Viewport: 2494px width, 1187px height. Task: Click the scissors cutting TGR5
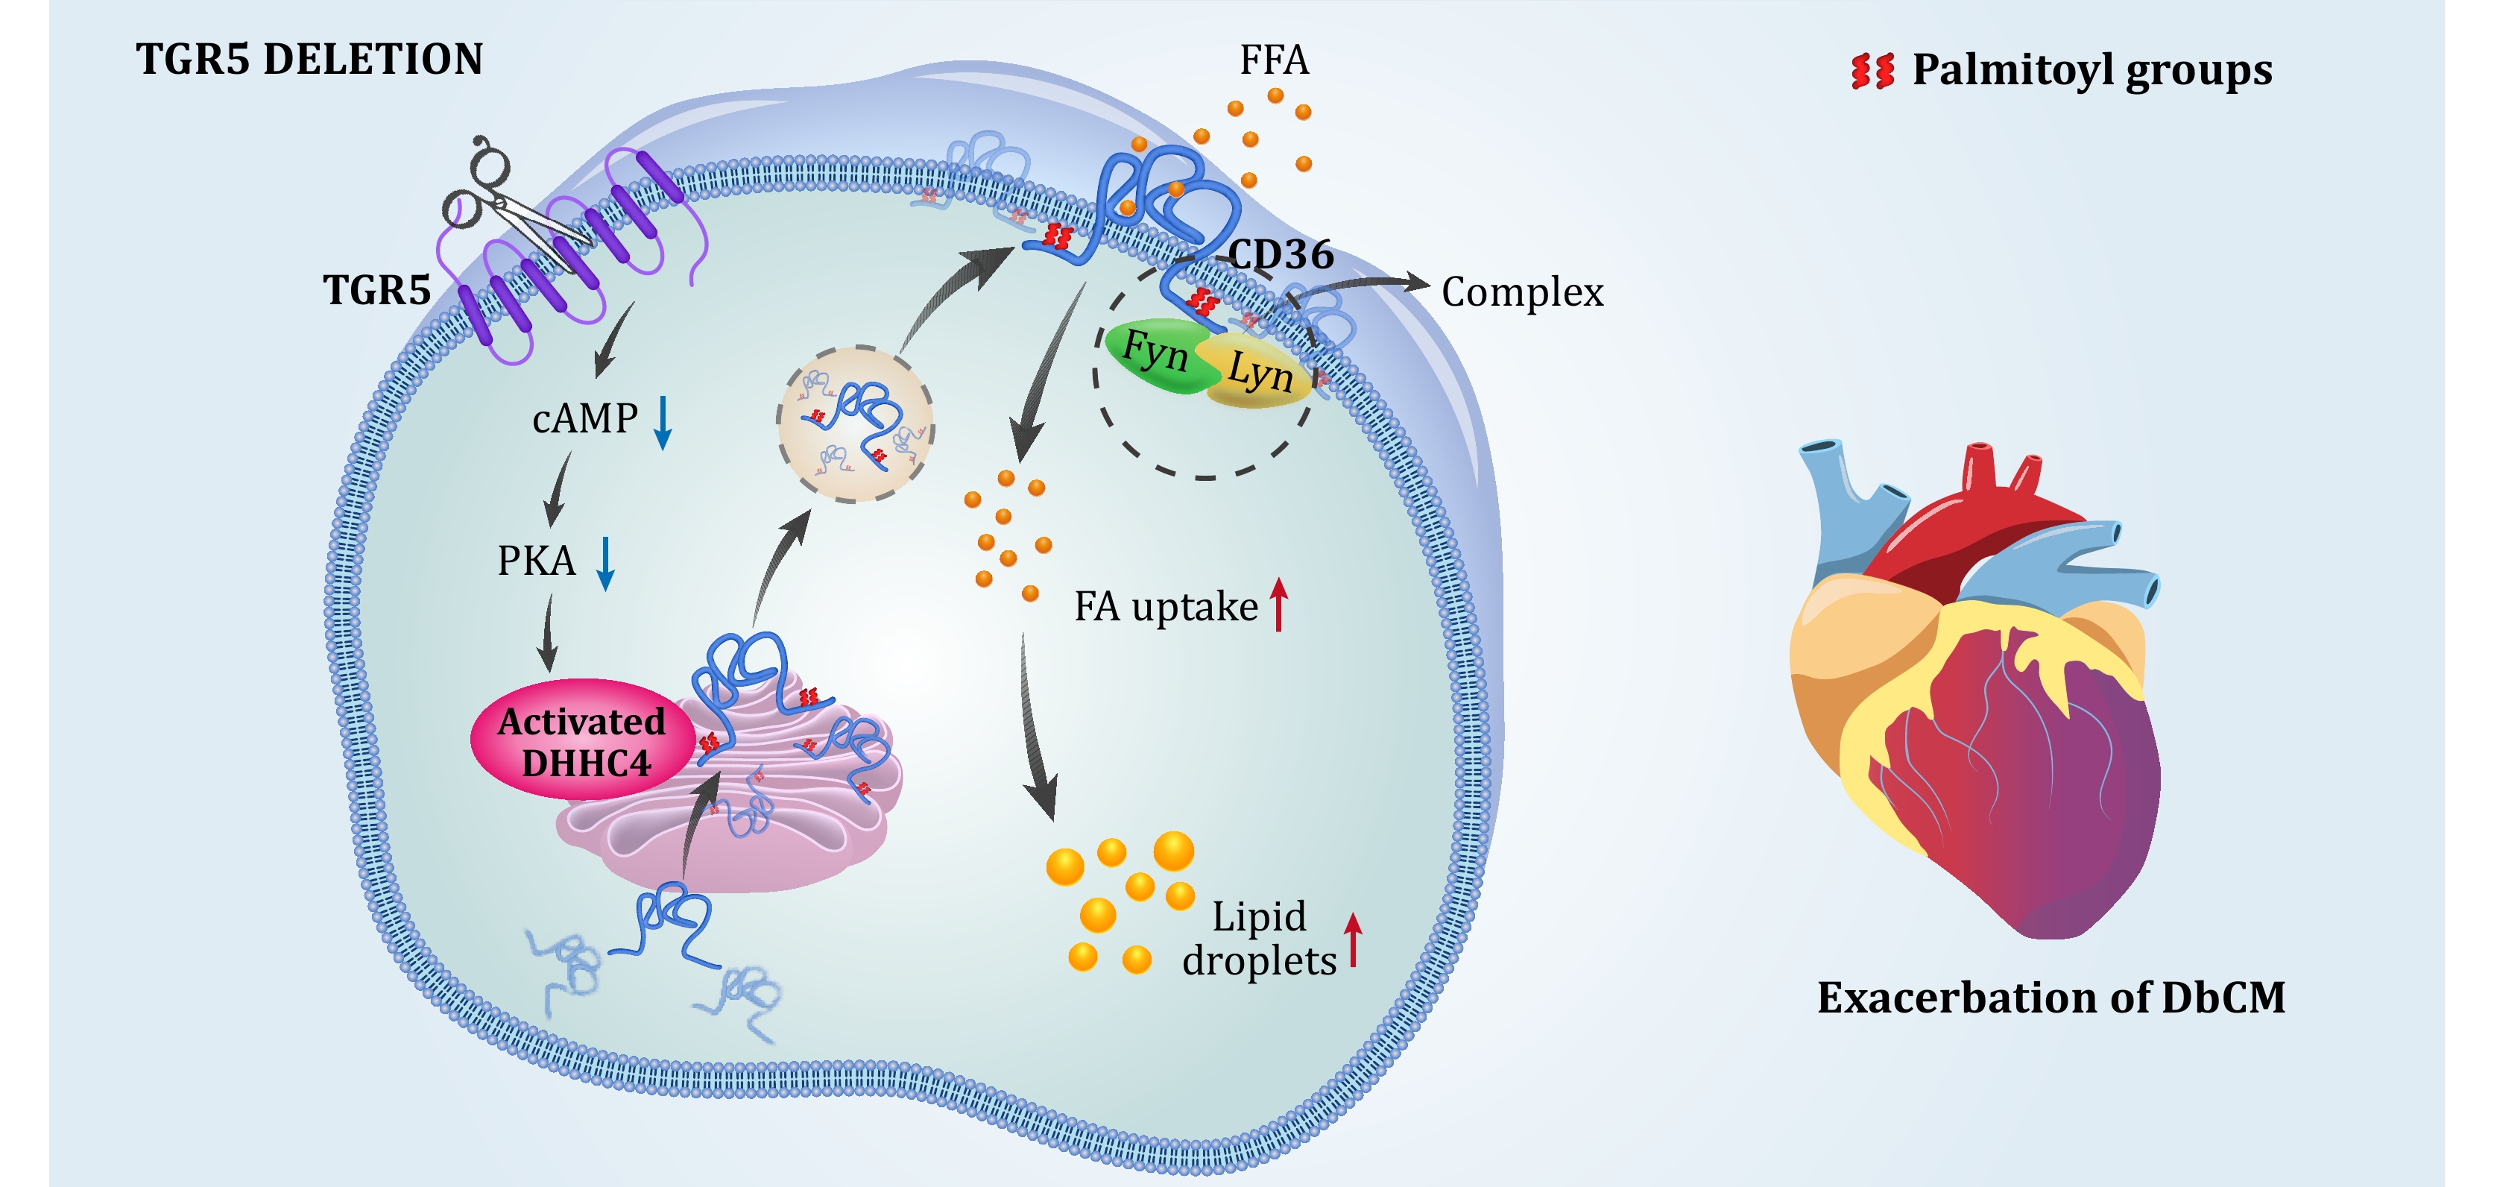(x=503, y=198)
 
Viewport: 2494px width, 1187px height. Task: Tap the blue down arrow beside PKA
(x=605, y=564)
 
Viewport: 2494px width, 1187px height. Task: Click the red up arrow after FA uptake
(x=1279, y=604)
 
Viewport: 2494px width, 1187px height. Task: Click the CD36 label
(x=1280, y=256)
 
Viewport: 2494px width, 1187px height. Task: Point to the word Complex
(x=1522, y=292)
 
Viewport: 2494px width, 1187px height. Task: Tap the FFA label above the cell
(x=1274, y=61)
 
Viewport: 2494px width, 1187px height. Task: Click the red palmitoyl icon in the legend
(x=1872, y=72)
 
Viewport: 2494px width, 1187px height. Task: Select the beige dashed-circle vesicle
(x=855, y=424)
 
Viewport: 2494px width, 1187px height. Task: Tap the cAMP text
(x=585, y=419)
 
